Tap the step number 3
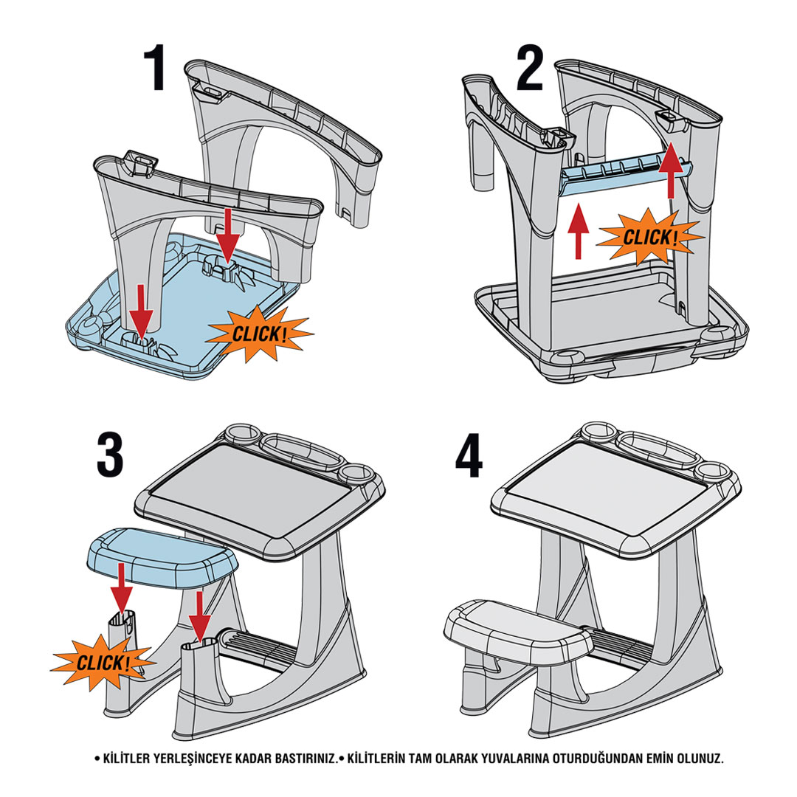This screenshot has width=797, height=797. pos(110,455)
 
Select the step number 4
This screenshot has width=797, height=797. pos(469,455)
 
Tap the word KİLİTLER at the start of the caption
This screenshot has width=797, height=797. pos(126,759)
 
